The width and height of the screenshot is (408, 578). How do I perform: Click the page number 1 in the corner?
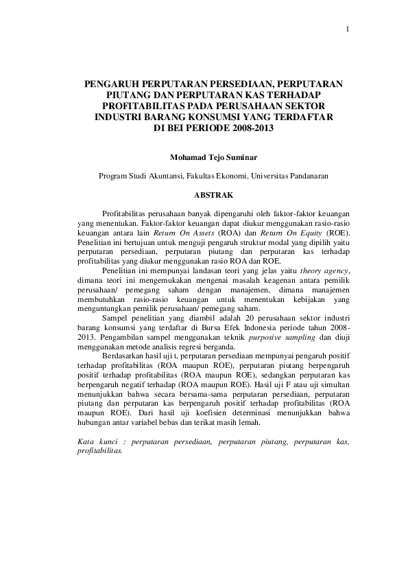pos(348,29)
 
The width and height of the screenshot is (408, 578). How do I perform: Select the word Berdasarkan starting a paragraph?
pos(123,358)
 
